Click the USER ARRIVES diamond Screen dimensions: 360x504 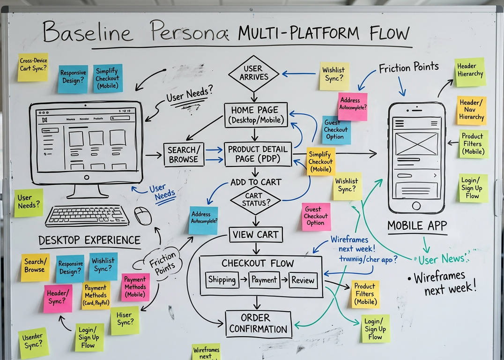253,74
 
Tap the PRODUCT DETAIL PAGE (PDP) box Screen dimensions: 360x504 258,154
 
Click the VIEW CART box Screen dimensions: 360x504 256,234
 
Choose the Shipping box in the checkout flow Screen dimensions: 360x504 222,280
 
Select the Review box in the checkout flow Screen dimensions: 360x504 303,280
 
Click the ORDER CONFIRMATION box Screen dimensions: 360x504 258,323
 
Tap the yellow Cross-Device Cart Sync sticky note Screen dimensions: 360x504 33,67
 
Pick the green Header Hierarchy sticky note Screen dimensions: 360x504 470,72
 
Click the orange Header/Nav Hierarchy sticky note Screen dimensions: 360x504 471,111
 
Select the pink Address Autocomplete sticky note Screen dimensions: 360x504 352,106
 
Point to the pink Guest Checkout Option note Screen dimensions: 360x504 316,216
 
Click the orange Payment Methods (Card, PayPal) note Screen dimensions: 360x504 96,295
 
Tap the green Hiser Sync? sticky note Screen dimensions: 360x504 125,320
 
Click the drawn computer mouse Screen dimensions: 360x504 143,216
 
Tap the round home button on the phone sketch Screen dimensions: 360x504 416,206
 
